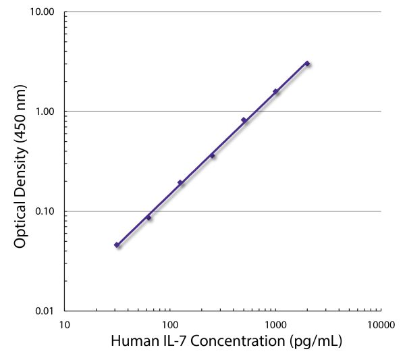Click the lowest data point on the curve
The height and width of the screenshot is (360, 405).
coord(117,245)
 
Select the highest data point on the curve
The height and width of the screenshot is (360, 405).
coord(307,63)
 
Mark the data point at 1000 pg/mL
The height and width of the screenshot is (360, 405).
coord(275,91)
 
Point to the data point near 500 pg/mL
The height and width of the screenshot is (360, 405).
coord(244,120)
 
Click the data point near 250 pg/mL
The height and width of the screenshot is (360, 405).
coord(212,155)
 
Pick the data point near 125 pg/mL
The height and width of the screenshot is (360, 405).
coord(180,182)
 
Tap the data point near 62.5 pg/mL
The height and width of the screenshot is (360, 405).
coord(148,217)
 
